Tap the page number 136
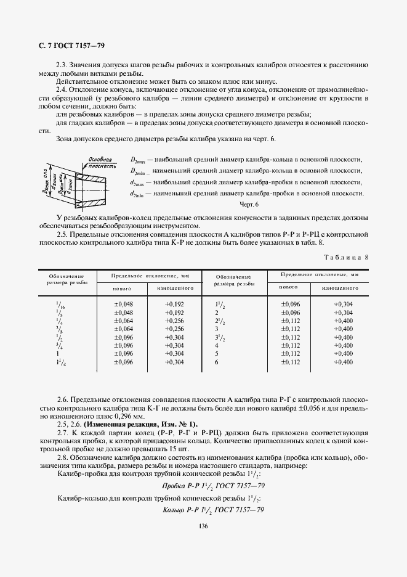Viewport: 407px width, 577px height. (203, 525)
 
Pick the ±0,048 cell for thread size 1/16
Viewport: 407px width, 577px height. (124, 304)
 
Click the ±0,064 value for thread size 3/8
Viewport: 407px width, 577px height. (124, 329)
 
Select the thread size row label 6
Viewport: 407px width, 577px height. (217, 362)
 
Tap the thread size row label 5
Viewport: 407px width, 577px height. (217, 354)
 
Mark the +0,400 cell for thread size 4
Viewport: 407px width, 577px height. (343, 346)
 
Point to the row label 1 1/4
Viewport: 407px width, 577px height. (60, 362)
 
